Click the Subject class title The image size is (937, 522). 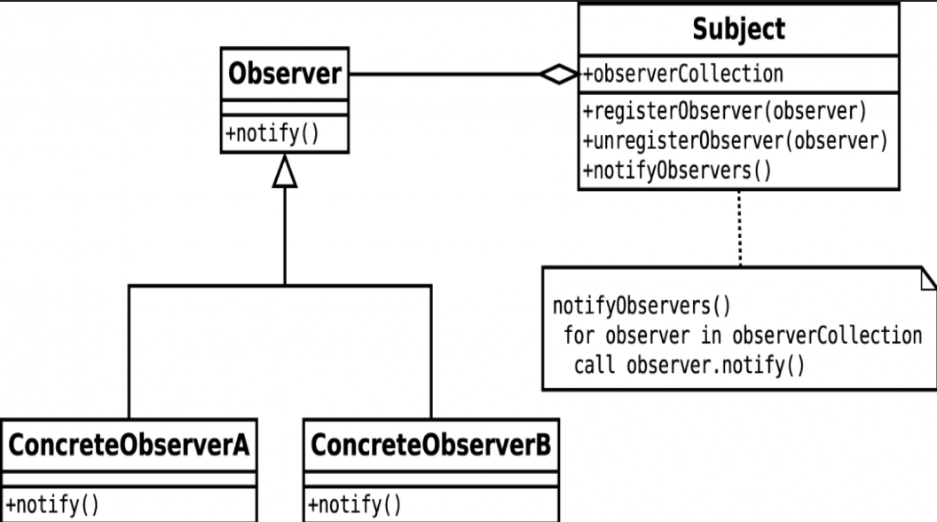738,28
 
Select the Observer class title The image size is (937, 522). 285,74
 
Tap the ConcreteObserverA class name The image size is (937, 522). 129,445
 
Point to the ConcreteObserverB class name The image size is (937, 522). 431,445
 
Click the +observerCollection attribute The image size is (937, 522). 683,75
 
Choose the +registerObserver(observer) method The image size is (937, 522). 724,111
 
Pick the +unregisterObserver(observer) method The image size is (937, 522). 735,141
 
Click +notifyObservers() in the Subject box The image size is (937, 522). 677,171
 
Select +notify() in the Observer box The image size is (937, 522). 272,133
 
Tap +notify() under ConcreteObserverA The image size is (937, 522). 52,504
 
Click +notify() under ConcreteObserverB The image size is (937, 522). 354,504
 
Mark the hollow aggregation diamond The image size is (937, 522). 559,75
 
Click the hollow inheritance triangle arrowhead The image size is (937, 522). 285,171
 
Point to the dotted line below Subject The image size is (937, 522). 740,228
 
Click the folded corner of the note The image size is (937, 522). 929,279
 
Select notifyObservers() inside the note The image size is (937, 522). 642,306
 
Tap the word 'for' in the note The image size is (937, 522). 579,336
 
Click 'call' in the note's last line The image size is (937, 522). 594,366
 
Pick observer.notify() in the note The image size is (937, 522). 716,366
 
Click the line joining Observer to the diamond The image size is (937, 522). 444,75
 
